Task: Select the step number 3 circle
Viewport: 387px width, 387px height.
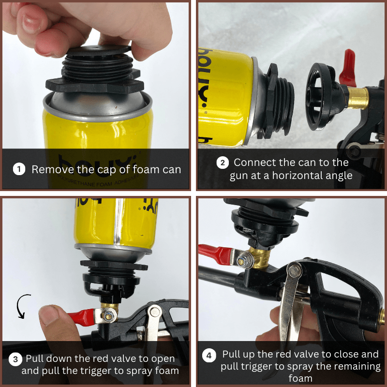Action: click(15, 359)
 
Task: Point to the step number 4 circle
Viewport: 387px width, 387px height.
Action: click(209, 356)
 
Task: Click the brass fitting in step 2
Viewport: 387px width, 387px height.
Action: click(358, 97)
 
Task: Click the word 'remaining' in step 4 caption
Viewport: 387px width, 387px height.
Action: click(352, 366)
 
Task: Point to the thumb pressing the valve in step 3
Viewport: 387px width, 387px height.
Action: click(54, 322)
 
